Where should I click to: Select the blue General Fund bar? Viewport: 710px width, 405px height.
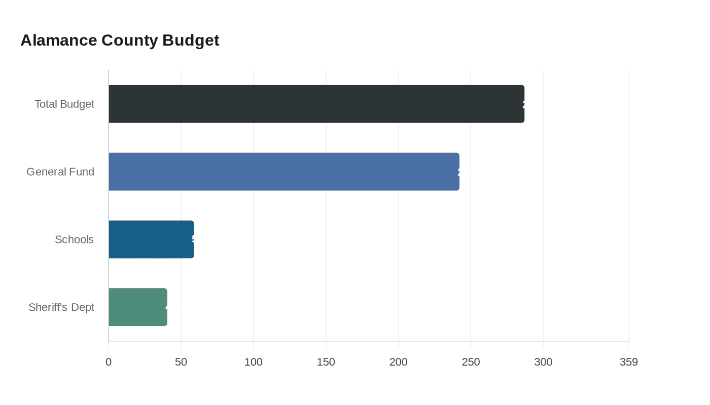284,172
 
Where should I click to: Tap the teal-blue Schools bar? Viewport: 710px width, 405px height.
151,239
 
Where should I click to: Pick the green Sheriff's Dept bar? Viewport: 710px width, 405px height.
138,307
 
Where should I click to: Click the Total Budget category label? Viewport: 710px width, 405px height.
64,104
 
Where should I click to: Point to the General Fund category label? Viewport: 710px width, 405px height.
60,172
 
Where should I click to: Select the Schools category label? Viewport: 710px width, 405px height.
74,239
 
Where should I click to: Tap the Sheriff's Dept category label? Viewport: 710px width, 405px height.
61,307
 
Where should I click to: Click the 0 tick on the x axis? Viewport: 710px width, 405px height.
109,362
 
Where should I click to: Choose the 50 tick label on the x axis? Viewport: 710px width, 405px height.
181,362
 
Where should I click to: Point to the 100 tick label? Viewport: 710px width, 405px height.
254,362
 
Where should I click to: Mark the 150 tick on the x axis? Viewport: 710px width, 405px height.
326,362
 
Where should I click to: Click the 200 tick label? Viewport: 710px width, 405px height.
399,362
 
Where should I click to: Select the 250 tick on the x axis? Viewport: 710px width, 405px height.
471,362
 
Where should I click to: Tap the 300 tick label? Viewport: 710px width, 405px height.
543,362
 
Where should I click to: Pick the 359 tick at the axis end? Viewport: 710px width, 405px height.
629,362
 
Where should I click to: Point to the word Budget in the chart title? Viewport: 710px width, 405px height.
191,40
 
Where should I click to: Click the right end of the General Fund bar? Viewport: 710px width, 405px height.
458,172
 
